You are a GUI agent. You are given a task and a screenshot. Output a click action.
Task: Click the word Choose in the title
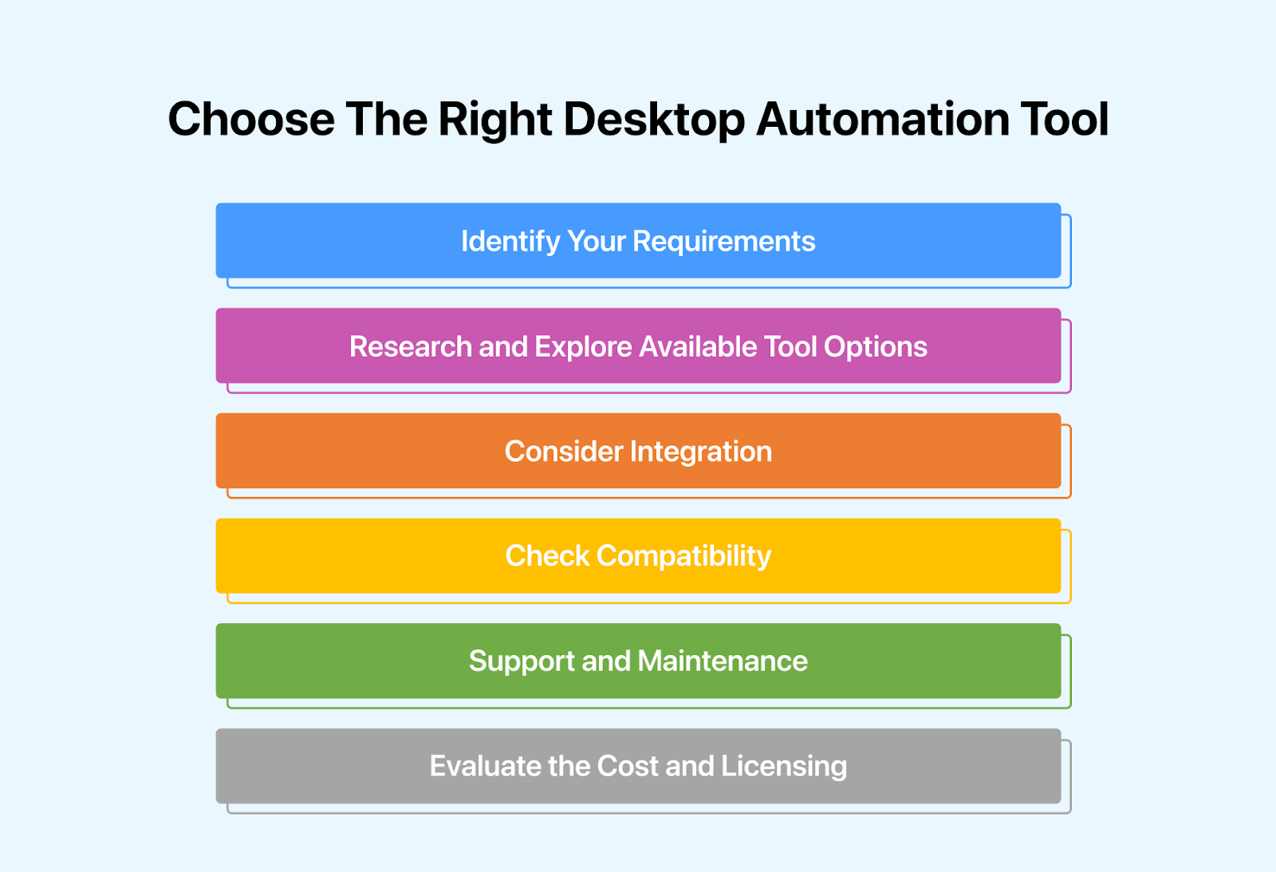(x=251, y=120)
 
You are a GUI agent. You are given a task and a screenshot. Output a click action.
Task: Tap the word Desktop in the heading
(x=654, y=120)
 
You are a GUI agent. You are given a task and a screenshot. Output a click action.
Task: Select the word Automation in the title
(x=881, y=120)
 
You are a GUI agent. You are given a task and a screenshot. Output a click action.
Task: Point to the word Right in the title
(x=494, y=120)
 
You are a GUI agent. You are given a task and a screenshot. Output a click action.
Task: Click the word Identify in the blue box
(x=510, y=241)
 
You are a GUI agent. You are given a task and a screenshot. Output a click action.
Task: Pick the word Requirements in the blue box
(x=723, y=241)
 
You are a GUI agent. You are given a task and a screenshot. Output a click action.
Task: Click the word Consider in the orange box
(x=564, y=452)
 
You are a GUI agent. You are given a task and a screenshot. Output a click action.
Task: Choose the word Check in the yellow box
(x=547, y=556)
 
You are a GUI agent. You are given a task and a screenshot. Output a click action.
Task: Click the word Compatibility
(x=683, y=556)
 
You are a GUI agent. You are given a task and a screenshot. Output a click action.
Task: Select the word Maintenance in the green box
(x=723, y=661)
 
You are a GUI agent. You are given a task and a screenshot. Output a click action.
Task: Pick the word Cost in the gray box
(x=627, y=766)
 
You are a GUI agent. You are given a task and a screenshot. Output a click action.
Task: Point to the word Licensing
(x=784, y=766)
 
